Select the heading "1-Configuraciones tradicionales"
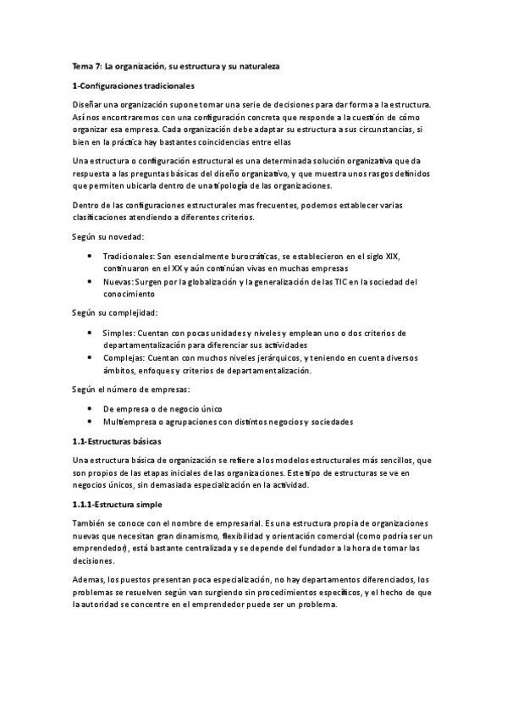(x=134, y=86)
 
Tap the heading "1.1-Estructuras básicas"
(x=116, y=442)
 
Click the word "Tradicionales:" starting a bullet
(x=128, y=255)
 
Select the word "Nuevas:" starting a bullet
(x=118, y=281)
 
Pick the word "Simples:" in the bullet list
(x=119, y=333)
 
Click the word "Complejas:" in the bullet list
(x=124, y=359)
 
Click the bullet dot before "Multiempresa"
(x=91, y=422)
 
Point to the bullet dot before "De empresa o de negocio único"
(x=91, y=409)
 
